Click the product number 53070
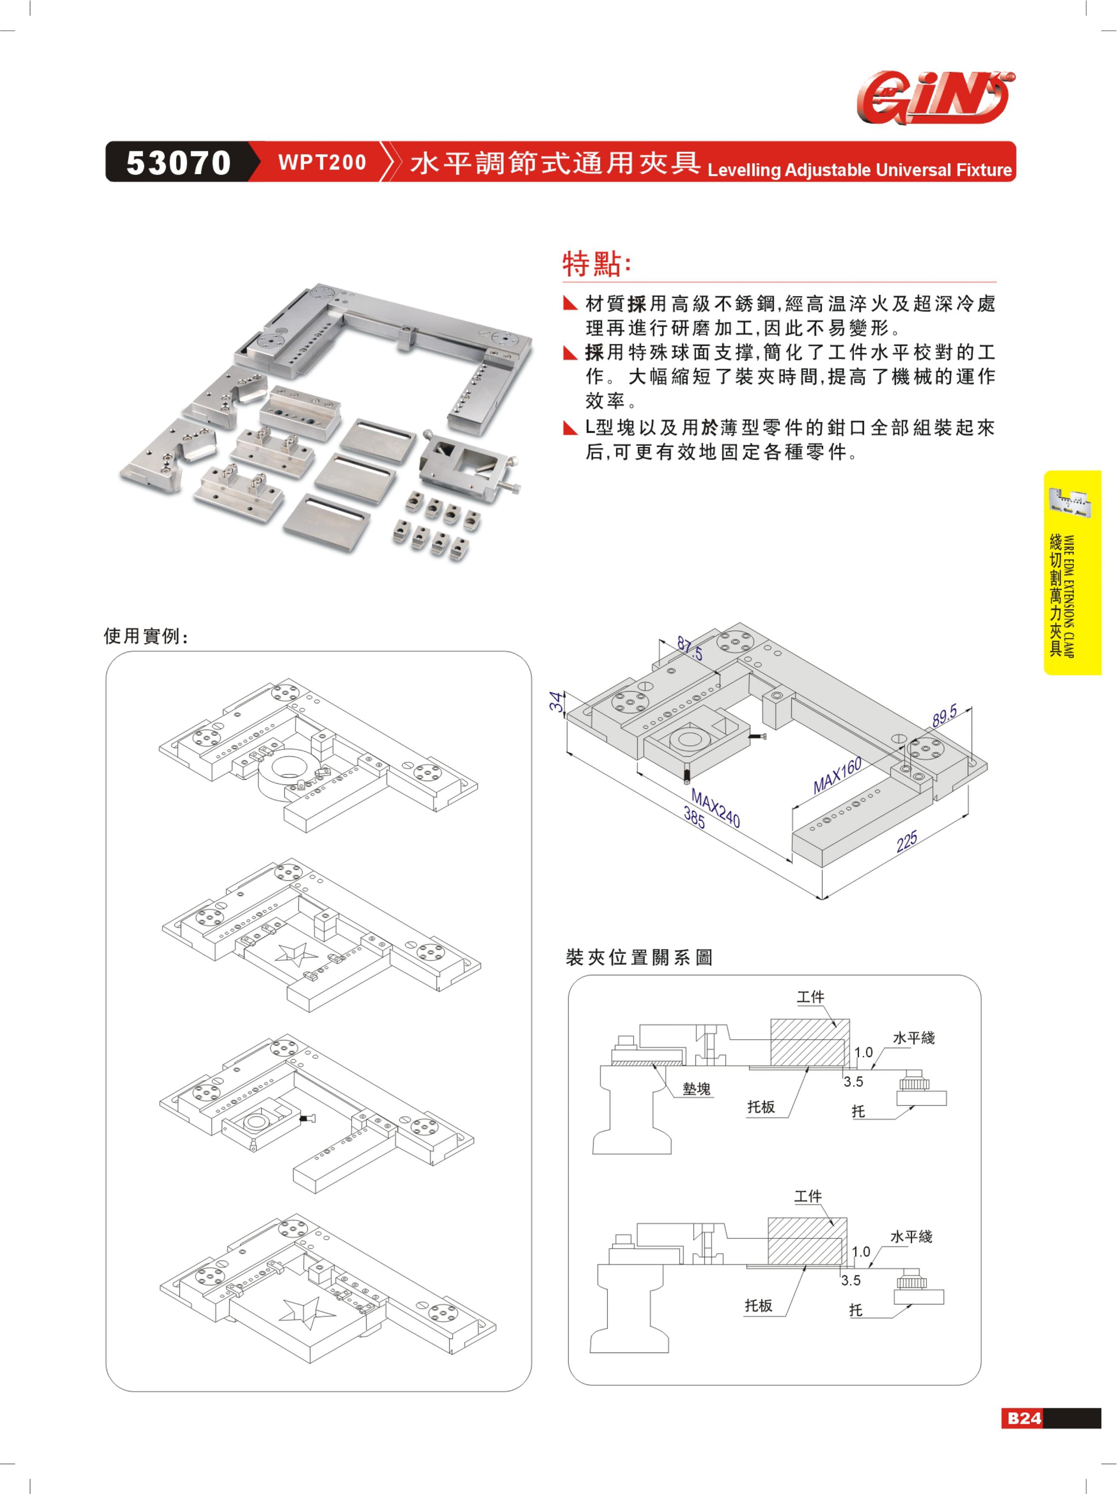tap(179, 163)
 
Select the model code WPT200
tap(322, 162)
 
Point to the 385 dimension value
tap(694, 818)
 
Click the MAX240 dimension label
tap(716, 808)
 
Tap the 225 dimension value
tap(907, 841)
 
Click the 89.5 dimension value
tap(945, 715)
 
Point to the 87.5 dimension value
tap(690, 648)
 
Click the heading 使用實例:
tap(146, 635)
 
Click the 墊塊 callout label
tap(697, 1088)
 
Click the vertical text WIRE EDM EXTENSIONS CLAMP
tap(1068, 596)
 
